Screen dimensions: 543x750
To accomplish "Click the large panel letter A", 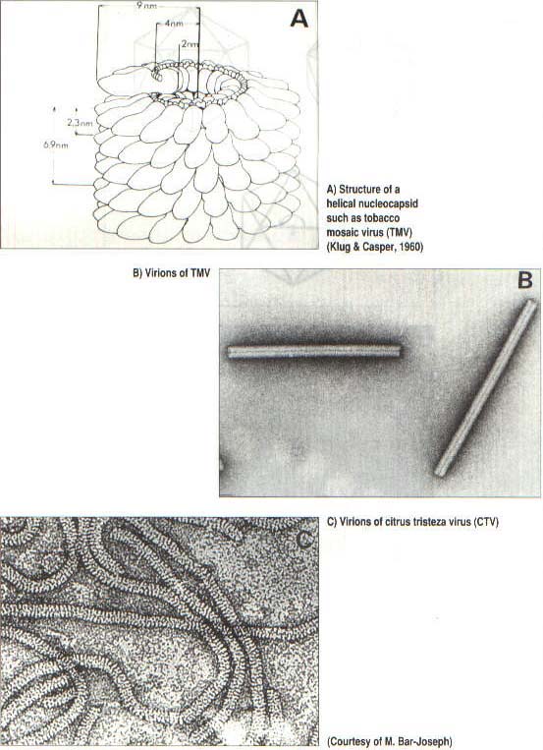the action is coord(299,19).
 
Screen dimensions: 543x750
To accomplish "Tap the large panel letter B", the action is coord(525,280).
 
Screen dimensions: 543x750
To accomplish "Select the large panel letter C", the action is coord(304,540).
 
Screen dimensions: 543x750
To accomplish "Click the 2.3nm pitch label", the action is coord(80,123).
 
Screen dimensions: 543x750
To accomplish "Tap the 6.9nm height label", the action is coord(56,144).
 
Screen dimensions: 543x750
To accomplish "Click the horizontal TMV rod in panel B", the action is coord(313,352).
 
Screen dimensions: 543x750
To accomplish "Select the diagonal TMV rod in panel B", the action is coord(486,387).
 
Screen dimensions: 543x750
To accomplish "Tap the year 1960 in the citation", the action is coord(412,248).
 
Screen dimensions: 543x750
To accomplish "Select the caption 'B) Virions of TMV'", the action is coord(171,274).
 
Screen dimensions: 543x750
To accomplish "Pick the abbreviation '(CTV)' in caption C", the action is coord(486,522).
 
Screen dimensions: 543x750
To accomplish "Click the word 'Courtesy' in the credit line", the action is coord(351,741).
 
